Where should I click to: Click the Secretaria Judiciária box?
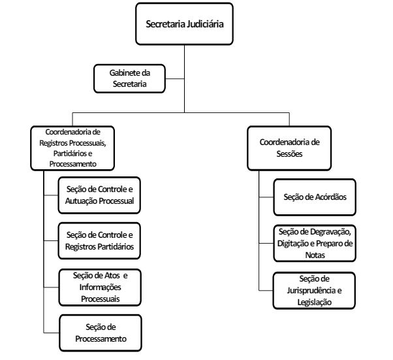pyautogui.click(x=184, y=24)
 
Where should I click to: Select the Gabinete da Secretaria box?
pyautogui.click(x=129, y=78)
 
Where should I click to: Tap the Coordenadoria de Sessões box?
pyautogui.click(x=289, y=148)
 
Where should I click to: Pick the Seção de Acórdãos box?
pyautogui.click(x=315, y=197)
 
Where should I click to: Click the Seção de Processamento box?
pyautogui.click(x=101, y=333)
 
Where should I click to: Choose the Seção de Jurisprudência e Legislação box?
pyautogui.click(x=314, y=291)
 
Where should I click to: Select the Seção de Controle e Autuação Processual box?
pyautogui.click(x=99, y=195)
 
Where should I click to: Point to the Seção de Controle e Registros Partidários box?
pyautogui.click(x=99, y=241)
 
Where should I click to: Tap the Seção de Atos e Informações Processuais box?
pyautogui.click(x=100, y=287)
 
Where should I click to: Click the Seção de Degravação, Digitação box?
pyautogui.click(x=315, y=243)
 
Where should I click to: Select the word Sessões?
pyautogui.click(x=289, y=154)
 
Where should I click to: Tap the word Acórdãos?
pyautogui.click(x=330, y=197)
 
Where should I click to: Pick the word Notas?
pyautogui.click(x=315, y=255)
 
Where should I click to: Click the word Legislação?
pyautogui.click(x=314, y=303)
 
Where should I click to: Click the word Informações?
pyautogui.click(x=101, y=287)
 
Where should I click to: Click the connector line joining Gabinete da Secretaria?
pyautogui.click(x=175, y=79)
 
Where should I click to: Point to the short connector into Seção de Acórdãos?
pyautogui.click(x=266, y=197)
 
